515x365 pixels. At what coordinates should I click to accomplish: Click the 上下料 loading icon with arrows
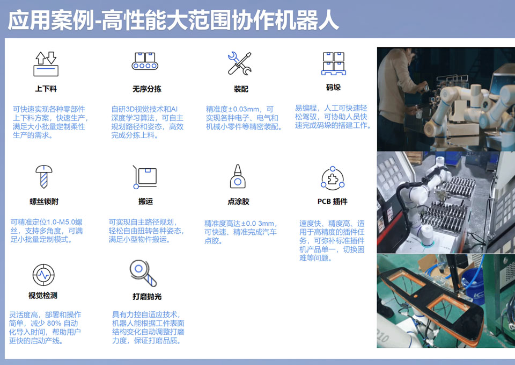(x=46, y=64)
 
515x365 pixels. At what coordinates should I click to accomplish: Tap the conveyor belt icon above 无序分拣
(x=145, y=61)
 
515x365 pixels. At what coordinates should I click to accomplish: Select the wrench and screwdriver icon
(x=240, y=63)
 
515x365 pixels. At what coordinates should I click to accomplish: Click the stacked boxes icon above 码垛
(x=333, y=63)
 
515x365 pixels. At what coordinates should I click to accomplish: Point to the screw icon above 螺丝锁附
(x=43, y=176)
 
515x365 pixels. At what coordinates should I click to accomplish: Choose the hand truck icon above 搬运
(x=144, y=177)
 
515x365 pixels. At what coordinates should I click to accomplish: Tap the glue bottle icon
(x=238, y=176)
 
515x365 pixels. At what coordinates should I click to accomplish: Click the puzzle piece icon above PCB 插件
(x=333, y=178)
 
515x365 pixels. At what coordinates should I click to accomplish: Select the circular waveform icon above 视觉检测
(x=43, y=275)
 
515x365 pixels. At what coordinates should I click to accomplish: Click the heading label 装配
(x=241, y=89)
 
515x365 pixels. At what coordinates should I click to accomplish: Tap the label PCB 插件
(x=333, y=202)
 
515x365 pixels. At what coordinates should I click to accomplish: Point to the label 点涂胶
(x=238, y=202)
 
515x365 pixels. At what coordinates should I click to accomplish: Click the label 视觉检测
(x=43, y=296)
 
